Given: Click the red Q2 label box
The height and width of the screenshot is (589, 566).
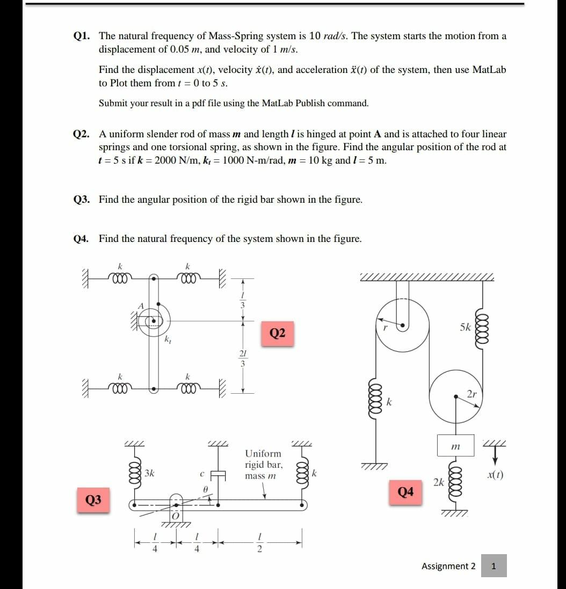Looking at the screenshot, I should pyautogui.click(x=277, y=333).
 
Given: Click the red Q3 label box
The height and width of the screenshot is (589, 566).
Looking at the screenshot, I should pyautogui.click(x=93, y=500).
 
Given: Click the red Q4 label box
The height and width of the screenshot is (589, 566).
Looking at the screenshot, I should pyautogui.click(x=406, y=492).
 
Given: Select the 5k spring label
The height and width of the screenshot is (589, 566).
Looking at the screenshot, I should pyautogui.click(x=466, y=327).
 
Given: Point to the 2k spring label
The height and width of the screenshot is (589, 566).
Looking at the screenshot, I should pyautogui.click(x=439, y=482).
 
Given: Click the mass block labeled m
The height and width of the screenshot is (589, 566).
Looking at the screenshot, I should pyautogui.click(x=455, y=446).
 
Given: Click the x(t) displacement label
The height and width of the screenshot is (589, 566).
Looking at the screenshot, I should pyautogui.click(x=492, y=474).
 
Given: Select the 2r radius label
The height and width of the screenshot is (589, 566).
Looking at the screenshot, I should pyautogui.click(x=472, y=394).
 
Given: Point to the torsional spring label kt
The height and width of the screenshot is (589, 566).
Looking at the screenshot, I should pyautogui.click(x=168, y=339).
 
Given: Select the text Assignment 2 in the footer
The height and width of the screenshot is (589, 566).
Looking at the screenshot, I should pyautogui.click(x=448, y=566).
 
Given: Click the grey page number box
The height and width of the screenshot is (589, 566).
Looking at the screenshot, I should pyautogui.click(x=494, y=566).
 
